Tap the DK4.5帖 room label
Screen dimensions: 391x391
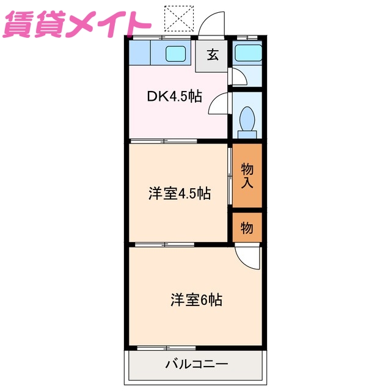[175, 97]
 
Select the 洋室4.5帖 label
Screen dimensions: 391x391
[180, 194]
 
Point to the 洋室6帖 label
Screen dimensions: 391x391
[196, 300]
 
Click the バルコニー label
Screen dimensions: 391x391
[197, 365]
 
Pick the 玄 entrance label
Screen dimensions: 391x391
[212, 55]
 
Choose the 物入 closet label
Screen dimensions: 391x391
[247, 175]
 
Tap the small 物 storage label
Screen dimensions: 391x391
[247, 228]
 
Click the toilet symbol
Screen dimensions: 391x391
[248, 119]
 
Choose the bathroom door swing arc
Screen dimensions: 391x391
[236, 76]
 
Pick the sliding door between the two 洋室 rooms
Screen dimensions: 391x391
[164, 244]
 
